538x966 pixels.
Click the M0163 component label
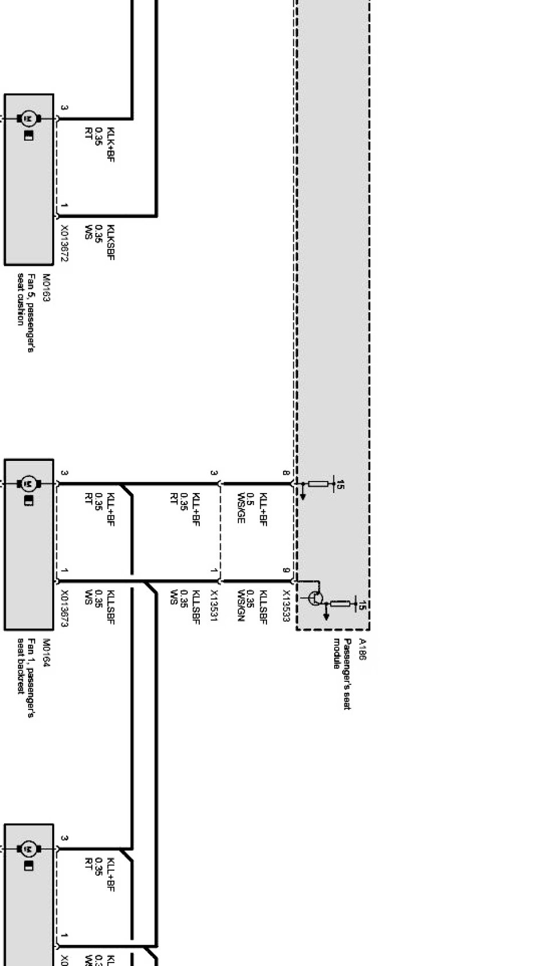coord(47,287)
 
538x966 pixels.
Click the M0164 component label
coord(47,652)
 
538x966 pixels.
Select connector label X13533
coord(285,606)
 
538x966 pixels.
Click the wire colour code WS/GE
coord(241,507)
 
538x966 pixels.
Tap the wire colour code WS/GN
coord(241,606)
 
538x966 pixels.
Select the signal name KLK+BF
coord(110,144)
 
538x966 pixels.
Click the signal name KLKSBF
coord(110,242)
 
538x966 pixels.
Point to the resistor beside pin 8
coord(318,484)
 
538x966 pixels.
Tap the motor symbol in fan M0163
coord(28,119)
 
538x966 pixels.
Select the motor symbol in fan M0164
coord(28,484)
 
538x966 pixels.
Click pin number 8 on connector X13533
coord(285,473)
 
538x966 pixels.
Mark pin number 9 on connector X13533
coord(285,571)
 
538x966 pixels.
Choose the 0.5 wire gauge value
coord(250,498)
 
